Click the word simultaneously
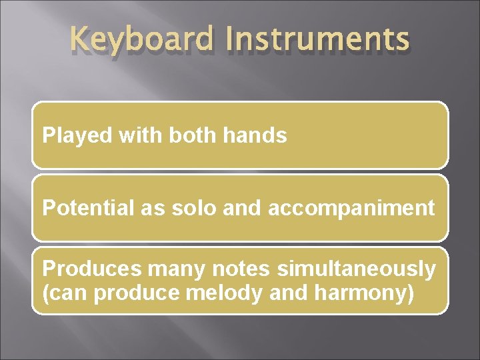[357, 269]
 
